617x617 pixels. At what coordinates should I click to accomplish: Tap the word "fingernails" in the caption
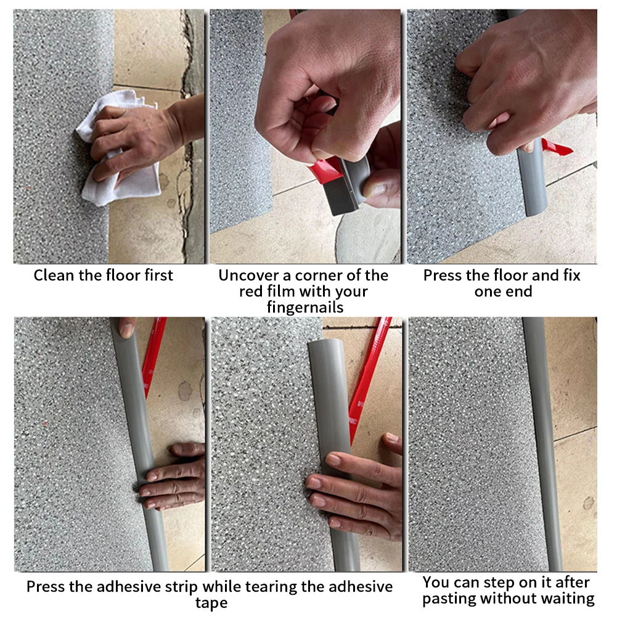pos(305,307)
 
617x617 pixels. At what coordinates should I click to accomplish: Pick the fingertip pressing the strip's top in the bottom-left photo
pos(127,329)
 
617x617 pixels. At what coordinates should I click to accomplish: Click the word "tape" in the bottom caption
pos(211,603)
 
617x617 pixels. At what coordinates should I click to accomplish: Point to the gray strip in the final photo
pos(542,444)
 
